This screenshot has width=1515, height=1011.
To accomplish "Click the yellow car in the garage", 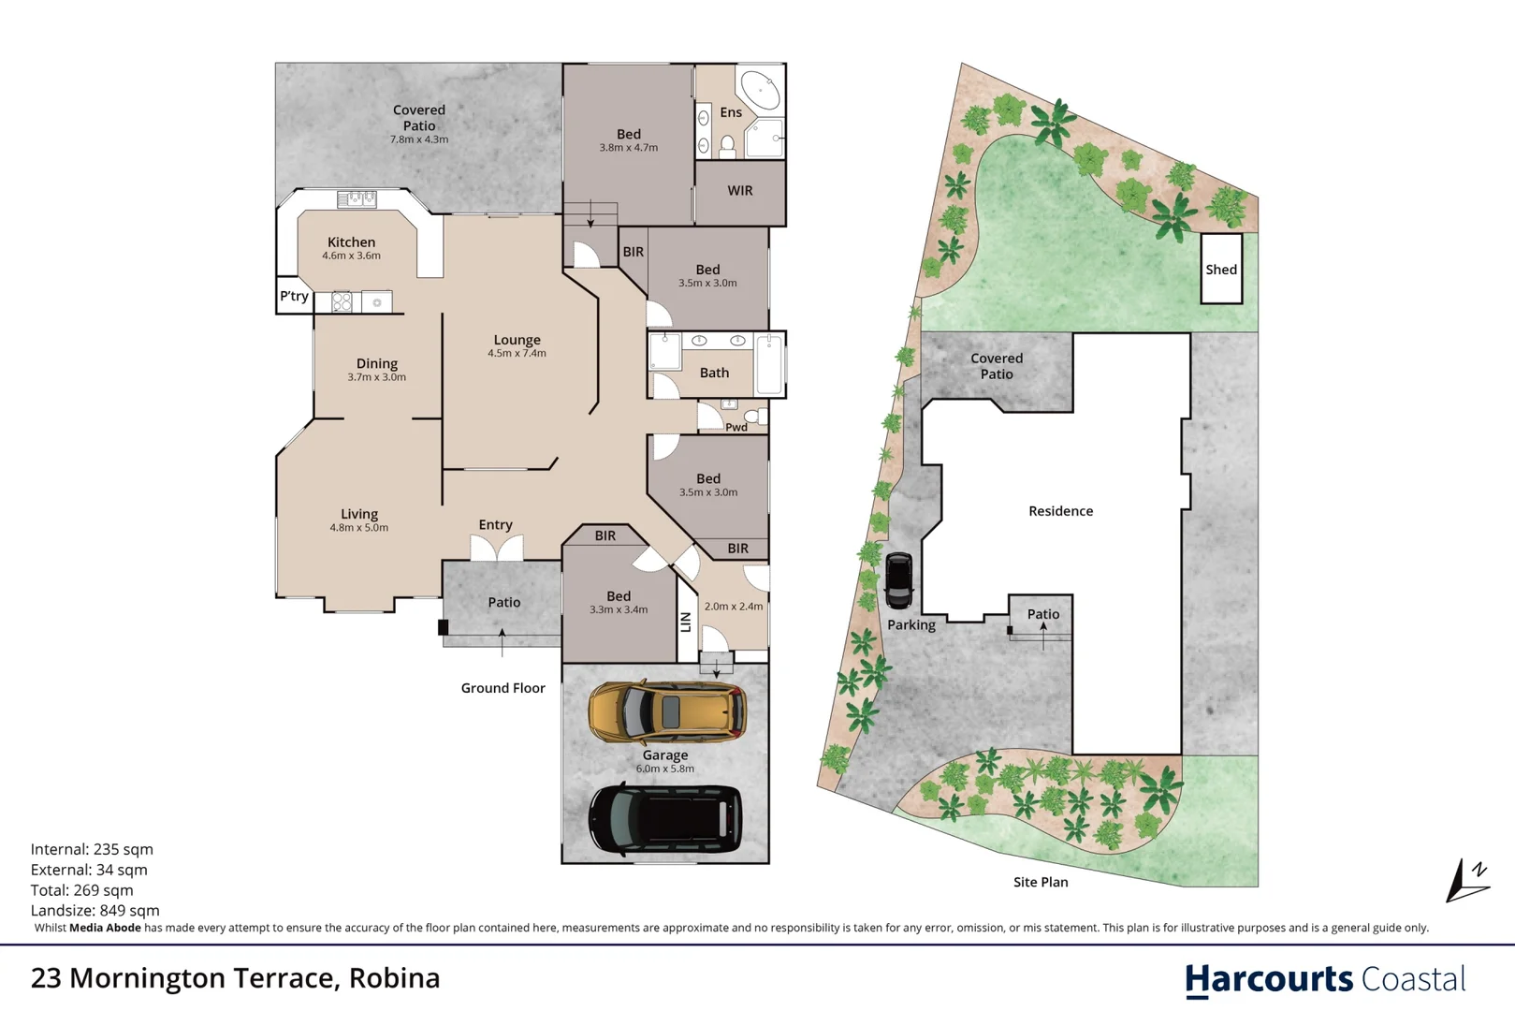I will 666,712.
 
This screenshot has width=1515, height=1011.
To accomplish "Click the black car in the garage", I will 665,819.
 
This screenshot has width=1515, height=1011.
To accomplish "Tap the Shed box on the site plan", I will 1221,270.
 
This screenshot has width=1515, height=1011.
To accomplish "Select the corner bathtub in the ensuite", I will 761,91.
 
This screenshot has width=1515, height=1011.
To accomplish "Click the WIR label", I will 740,191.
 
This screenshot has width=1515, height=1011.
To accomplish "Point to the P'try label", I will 294,296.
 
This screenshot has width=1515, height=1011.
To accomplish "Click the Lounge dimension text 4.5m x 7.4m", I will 517,354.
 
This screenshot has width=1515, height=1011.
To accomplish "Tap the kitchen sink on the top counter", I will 357,198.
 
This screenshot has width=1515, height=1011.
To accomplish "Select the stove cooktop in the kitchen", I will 342,302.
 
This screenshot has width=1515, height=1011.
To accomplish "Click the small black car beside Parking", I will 898,579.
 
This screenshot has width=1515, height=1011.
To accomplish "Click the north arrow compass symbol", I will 1466,881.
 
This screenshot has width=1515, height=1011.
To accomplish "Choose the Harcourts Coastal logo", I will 1324,979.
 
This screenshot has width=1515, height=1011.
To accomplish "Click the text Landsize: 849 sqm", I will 95,910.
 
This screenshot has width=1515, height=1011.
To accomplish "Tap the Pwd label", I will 736,427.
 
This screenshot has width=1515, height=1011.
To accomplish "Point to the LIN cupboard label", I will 686,622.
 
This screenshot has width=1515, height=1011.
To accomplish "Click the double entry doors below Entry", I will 496,549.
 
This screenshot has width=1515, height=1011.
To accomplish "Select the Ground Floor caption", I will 503,688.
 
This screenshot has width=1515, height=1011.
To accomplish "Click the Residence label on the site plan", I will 1060,511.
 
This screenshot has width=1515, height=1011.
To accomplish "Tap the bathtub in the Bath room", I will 769,364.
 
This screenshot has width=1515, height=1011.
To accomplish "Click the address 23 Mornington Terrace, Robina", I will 236,978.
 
